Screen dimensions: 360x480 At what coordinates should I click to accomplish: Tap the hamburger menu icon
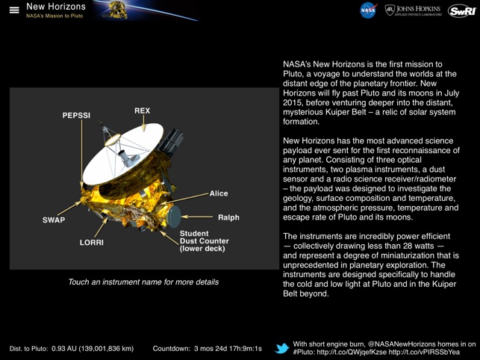[13, 10]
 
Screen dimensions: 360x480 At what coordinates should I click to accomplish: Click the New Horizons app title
[56, 6]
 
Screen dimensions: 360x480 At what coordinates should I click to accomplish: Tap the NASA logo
[368, 10]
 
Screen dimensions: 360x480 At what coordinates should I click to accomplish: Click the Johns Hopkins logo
[414, 10]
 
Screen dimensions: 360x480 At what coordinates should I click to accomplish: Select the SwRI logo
[461, 10]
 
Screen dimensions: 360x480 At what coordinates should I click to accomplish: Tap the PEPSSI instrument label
[76, 116]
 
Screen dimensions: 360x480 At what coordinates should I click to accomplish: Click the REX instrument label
[142, 111]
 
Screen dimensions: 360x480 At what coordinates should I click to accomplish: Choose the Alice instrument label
[219, 193]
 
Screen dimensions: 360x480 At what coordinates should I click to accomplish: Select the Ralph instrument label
[228, 217]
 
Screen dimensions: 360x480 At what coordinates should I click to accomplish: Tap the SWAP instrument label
[54, 220]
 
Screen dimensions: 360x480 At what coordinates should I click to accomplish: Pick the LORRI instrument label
[92, 243]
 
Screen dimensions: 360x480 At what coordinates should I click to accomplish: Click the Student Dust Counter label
[205, 240]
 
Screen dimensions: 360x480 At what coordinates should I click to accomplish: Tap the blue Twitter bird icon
[282, 348]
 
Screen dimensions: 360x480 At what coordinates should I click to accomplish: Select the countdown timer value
[227, 349]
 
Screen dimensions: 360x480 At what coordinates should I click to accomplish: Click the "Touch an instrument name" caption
[143, 282]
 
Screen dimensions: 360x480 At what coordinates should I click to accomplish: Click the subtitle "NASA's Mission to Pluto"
[54, 16]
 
